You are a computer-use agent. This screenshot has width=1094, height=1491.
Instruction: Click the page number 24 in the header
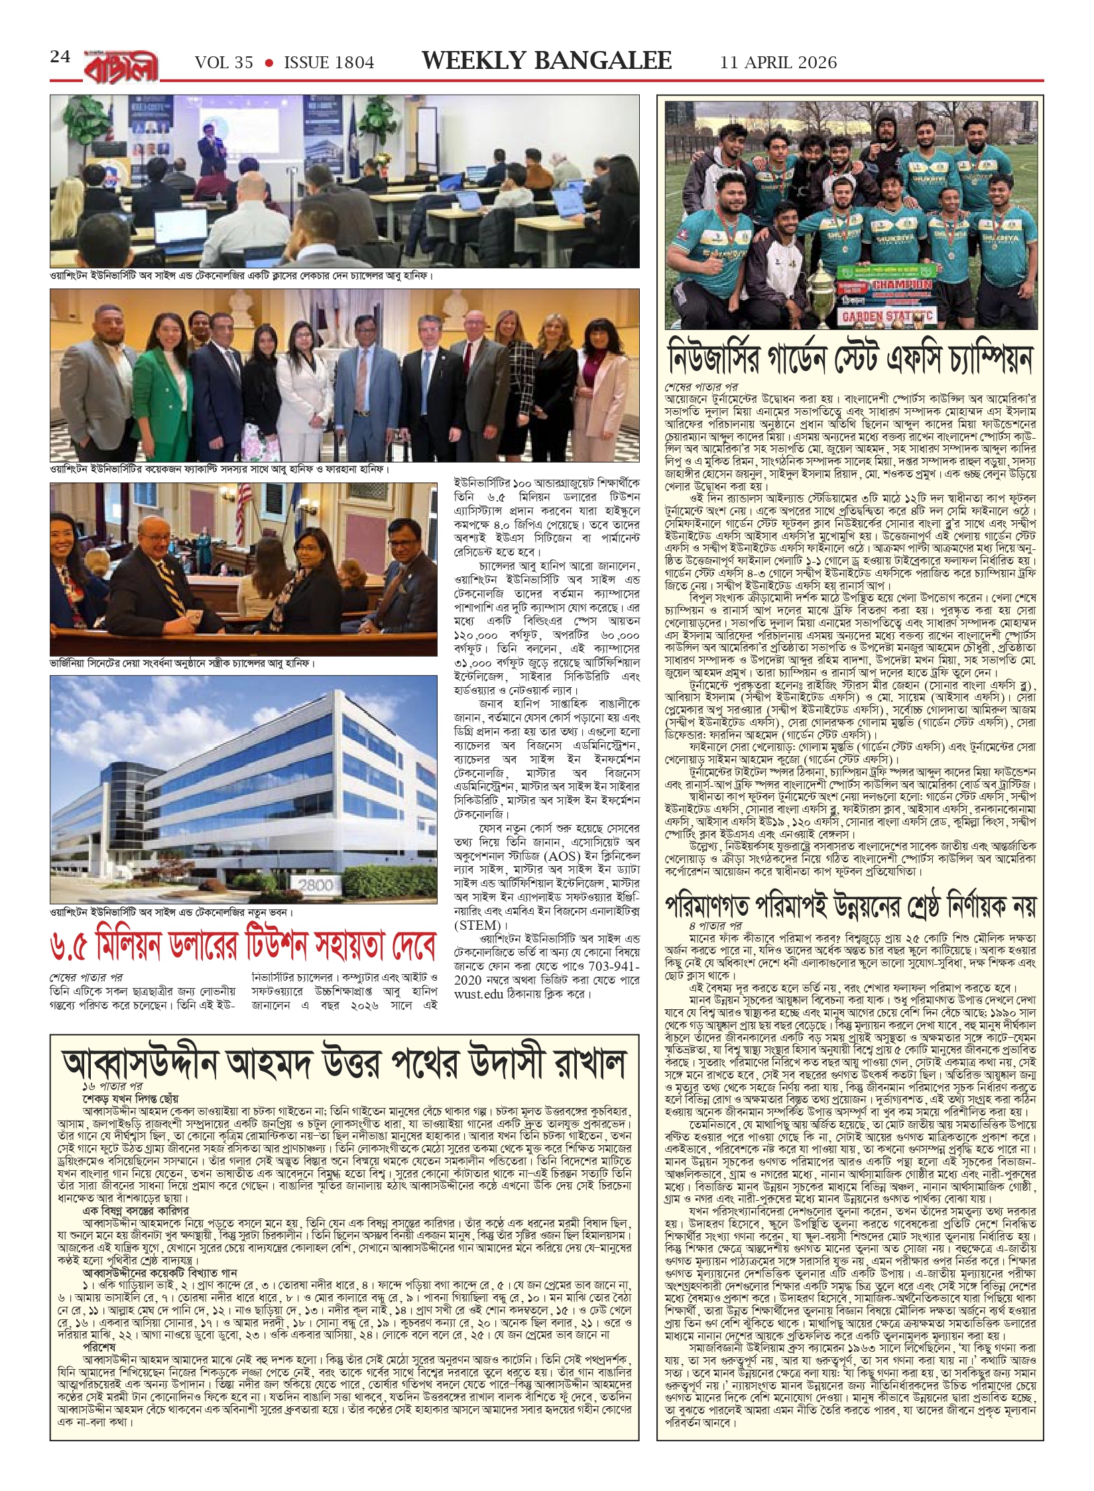coord(60,57)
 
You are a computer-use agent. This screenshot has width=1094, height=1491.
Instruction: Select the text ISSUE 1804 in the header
coord(329,63)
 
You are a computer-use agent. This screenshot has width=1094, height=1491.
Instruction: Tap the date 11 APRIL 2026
coord(778,63)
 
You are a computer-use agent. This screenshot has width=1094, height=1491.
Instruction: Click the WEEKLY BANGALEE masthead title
coord(546,61)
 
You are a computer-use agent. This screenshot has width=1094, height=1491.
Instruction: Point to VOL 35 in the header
coord(223,63)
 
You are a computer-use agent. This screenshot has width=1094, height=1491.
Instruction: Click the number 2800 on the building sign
coord(316,885)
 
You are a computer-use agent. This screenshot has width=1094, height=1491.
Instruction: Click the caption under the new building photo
coord(171,912)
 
